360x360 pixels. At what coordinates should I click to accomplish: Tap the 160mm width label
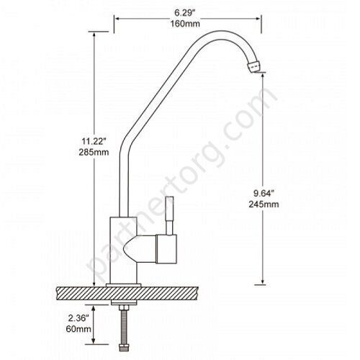click(x=185, y=24)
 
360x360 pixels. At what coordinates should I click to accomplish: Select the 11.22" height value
click(x=94, y=141)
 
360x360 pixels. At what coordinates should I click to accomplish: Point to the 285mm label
click(x=94, y=152)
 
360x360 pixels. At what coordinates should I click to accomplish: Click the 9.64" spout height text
click(x=264, y=193)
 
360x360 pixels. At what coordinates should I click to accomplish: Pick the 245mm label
click(x=264, y=204)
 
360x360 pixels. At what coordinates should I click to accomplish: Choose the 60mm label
click(x=78, y=329)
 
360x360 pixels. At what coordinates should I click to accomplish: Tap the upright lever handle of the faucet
click(x=170, y=215)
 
